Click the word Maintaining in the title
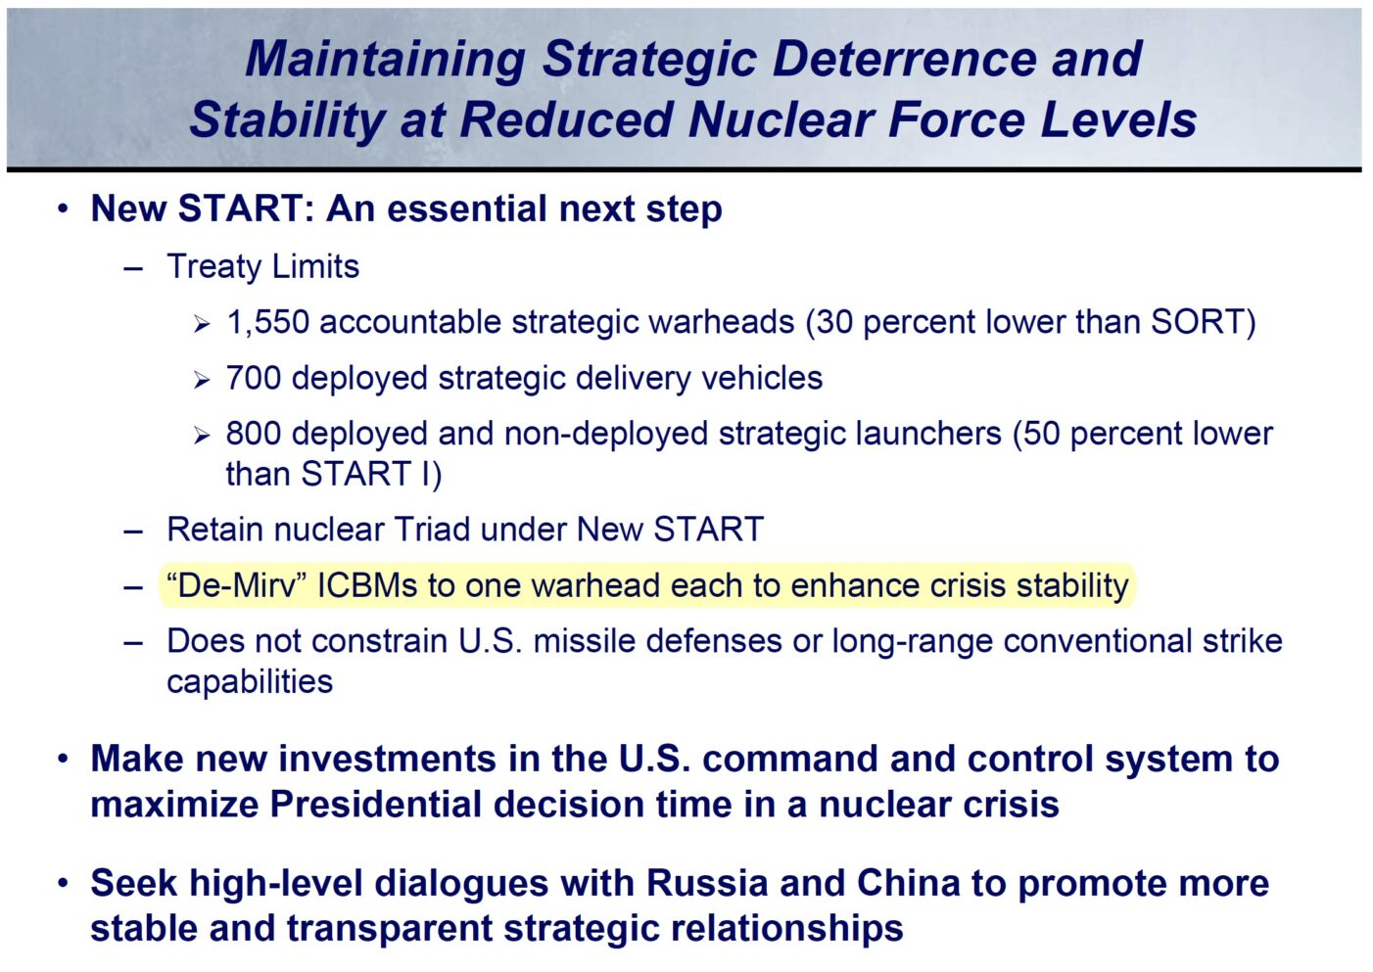tap(385, 59)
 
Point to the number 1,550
tap(268, 322)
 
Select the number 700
tap(254, 378)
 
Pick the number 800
tap(254, 434)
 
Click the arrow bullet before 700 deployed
tap(202, 380)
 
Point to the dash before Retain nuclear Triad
tap(133, 531)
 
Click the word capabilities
tap(250, 682)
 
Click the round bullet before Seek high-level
tap(63, 883)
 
